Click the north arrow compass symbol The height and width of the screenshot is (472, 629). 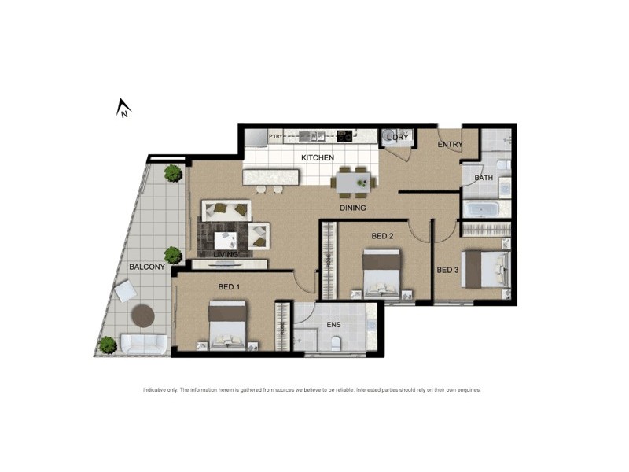coord(123,107)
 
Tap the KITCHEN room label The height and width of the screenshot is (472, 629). coord(318,157)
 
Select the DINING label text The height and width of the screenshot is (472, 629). coord(353,208)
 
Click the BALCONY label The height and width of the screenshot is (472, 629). coord(147,267)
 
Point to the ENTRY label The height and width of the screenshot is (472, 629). coord(451,145)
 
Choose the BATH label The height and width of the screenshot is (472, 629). coord(484,178)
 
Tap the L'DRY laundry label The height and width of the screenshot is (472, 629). coord(397,138)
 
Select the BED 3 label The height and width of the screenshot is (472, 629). coord(447,270)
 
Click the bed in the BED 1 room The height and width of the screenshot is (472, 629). coord(229,324)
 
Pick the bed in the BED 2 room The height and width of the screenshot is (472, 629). coord(383,272)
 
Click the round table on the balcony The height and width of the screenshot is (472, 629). coord(142,315)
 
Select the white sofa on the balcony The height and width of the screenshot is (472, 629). coord(143,344)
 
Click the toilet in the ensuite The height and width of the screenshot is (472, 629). coord(337,342)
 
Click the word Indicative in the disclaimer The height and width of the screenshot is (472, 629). coord(155,390)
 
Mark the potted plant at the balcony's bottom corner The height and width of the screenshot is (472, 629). coord(107,344)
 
